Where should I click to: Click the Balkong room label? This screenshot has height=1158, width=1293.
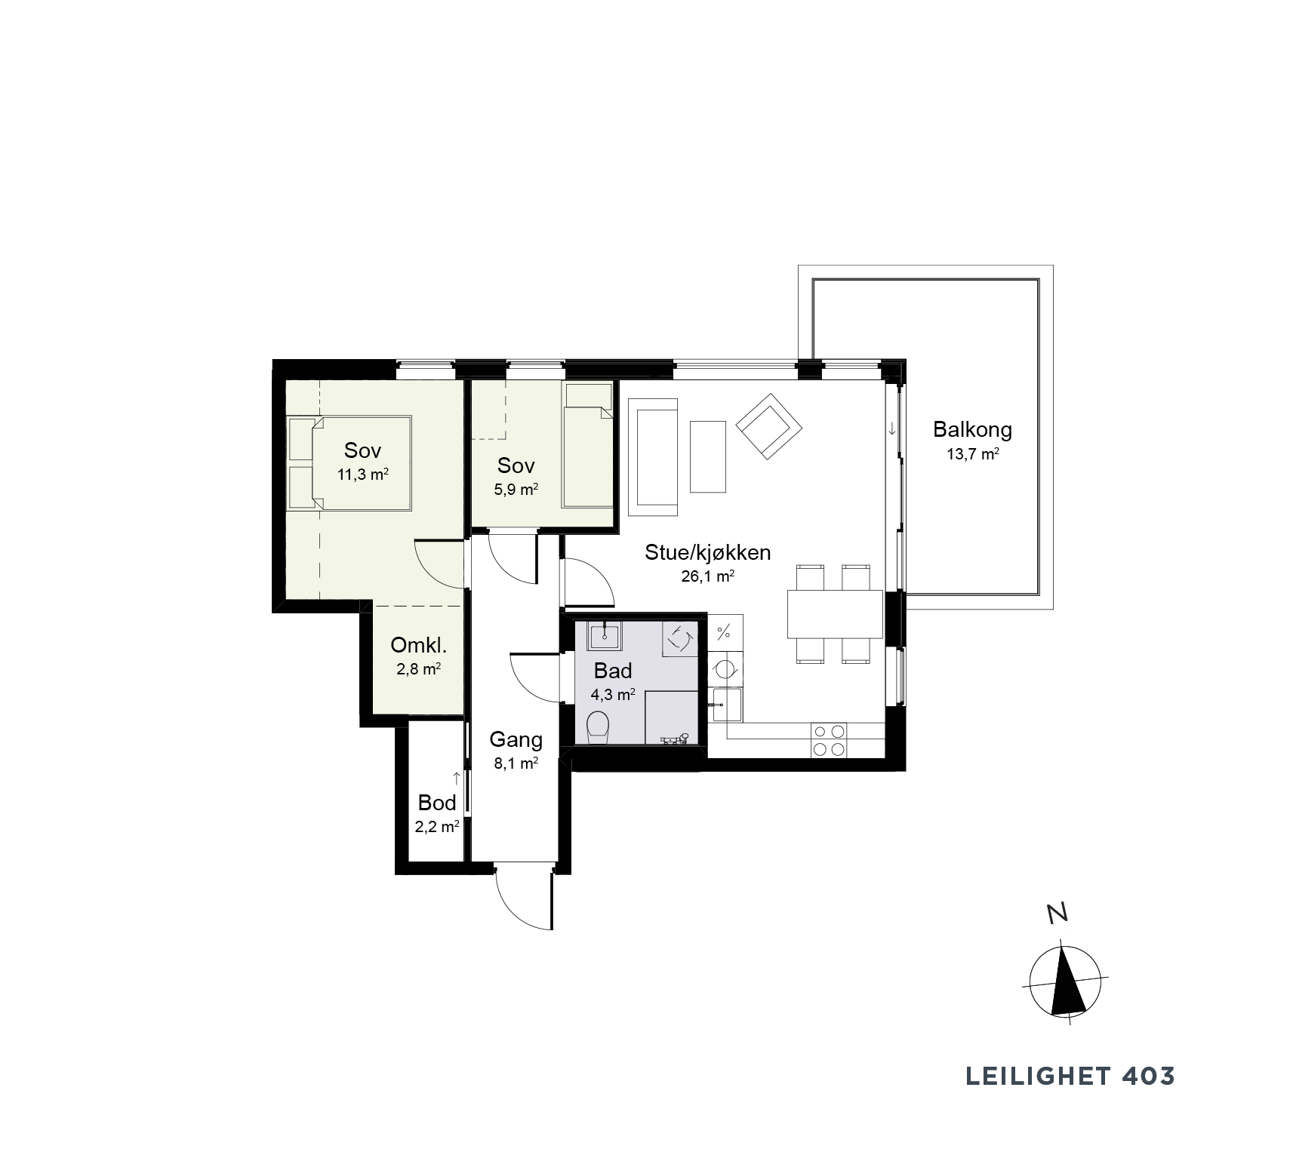pyautogui.click(x=972, y=430)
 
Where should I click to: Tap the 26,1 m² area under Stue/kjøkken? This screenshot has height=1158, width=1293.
pyautogui.click(x=707, y=577)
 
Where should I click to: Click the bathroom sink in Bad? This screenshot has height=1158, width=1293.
pyautogui.click(x=604, y=635)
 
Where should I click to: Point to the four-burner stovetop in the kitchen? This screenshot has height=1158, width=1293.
pyautogui.click(x=828, y=740)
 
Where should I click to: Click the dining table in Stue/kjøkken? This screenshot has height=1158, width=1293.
pyautogui.click(x=835, y=614)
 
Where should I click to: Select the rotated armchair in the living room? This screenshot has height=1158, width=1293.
pyautogui.click(x=768, y=426)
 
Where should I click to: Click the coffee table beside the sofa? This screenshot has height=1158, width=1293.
pyautogui.click(x=708, y=456)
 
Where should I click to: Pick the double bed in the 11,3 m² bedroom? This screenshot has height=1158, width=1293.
pyautogui.click(x=349, y=462)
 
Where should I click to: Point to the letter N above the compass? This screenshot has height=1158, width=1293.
pyautogui.click(x=1058, y=914)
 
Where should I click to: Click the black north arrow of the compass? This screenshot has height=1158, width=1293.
pyautogui.click(x=1066, y=980)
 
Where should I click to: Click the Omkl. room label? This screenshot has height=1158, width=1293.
pyautogui.click(x=419, y=646)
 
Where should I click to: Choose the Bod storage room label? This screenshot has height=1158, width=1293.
pyautogui.click(x=437, y=803)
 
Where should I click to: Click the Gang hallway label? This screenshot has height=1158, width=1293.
pyautogui.click(x=516, y=739)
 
